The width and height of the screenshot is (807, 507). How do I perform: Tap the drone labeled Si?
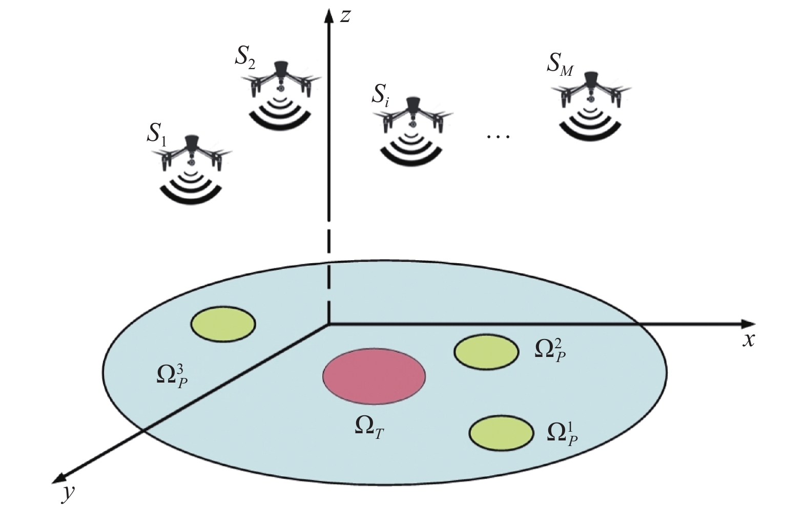412,116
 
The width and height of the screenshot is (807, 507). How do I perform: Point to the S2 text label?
245,59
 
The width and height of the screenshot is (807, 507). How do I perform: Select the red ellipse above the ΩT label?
374,376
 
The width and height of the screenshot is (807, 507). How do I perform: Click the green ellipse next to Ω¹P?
501,434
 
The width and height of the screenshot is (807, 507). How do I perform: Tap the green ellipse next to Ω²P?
486,352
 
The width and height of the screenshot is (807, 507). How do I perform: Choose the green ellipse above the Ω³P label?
223,324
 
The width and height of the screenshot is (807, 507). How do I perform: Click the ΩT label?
369,427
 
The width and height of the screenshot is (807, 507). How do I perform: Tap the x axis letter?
749,340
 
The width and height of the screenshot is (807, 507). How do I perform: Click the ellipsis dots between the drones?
498,137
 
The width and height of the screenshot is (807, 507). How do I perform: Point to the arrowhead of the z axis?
328,14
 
